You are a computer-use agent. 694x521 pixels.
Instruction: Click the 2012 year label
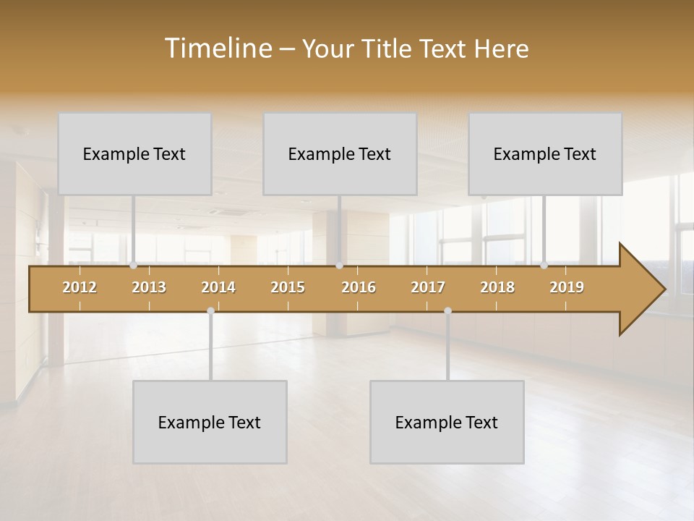[x=80, y=287]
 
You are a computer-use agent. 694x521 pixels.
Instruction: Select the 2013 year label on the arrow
[x=149, y=287]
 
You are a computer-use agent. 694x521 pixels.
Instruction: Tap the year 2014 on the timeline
[x=218, y=287]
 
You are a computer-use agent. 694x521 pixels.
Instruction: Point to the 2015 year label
[x=288, y=287]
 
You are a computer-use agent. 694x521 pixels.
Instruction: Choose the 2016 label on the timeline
[x=359, y=287]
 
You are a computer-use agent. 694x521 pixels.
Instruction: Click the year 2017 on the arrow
[x=428, y=287]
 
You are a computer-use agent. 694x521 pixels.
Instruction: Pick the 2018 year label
[x=497, y=287]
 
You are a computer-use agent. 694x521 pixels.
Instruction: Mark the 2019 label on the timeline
[x=567, y=287]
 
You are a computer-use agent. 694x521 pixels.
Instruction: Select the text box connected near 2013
[x=134, y=153]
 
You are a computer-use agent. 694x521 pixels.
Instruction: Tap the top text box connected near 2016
[x=340, y=153]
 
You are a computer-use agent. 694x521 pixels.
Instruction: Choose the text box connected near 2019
[x=545, y=153]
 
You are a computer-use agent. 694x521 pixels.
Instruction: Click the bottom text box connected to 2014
[x=210, y=422]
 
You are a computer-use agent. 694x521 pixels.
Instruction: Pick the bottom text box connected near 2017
[x=447, y=422]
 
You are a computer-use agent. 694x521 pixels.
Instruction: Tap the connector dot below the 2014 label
[x=210, y=310]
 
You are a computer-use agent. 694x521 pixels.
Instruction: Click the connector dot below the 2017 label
[x=447, y=310]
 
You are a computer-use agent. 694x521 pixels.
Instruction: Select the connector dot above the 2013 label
[x=133, y=266]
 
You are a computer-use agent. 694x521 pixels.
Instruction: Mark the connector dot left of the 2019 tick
[x=544, y=266]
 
